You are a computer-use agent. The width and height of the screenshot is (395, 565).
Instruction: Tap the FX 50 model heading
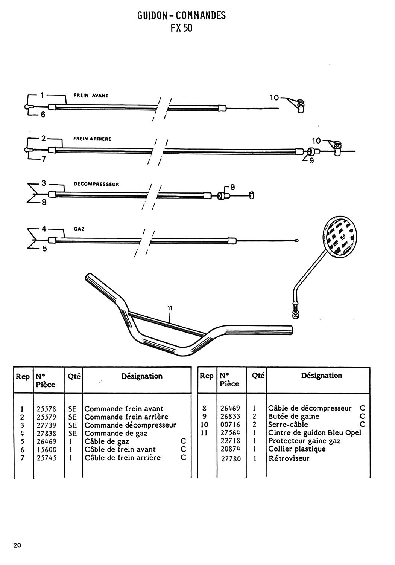coord(181,28)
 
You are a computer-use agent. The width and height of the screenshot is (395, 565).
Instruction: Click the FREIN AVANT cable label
coord(91,96)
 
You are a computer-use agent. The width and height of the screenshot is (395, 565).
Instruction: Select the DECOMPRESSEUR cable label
coord(96,185)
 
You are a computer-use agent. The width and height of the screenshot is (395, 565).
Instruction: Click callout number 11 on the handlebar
coord(170,308)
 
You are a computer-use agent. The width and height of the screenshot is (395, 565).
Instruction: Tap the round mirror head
coord(340,237)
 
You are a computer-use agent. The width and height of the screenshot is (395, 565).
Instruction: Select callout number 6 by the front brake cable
coord(43,115)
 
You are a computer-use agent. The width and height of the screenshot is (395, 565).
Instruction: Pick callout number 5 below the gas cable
coord(44,248)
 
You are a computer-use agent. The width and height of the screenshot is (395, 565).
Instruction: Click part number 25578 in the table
coord(47,409)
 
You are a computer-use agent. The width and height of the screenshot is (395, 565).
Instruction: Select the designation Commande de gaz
coord(116,433)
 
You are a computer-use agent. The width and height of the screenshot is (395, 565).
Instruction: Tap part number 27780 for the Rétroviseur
coord(231,459)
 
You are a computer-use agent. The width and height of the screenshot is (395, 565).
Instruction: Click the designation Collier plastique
coord(297,449)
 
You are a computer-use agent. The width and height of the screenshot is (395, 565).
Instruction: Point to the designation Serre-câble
coord(288,425)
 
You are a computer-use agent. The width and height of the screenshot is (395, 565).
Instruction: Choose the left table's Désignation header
coord(142,376)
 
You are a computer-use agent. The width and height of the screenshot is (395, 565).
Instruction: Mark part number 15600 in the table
coord(47,449)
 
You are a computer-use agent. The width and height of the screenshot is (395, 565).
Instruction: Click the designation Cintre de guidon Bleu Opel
coord(314,432)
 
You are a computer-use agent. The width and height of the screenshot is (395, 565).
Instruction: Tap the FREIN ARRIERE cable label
coord(92,139)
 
